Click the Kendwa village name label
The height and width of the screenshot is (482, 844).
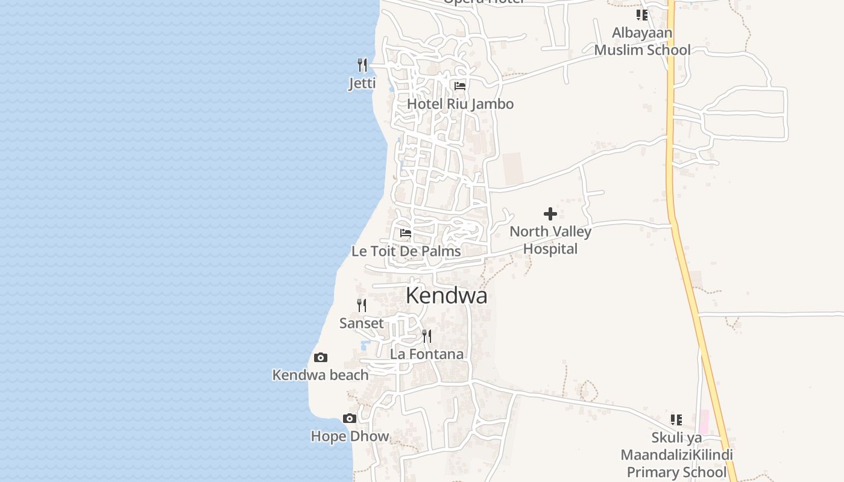(x=446, y=296)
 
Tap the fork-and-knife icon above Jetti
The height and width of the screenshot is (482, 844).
(x=362, y=64)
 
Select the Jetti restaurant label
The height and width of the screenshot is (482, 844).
(x=362, y=83)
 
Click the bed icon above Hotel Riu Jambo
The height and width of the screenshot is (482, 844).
(x=460, y=86)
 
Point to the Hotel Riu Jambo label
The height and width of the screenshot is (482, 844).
(x=460, y=104)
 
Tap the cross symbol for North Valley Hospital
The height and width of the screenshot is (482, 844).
(x=550, y=214)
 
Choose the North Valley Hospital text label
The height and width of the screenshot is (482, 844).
(x=550, y=240)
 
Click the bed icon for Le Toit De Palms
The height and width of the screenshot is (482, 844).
(x=406, y=233)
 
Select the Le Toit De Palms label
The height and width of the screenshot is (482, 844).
(x=406, y=251)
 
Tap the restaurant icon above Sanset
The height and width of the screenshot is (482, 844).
(x=362, y=305)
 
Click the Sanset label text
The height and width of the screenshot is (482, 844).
(x=362, y=324)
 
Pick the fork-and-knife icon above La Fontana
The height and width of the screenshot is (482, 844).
(x=427, y=336)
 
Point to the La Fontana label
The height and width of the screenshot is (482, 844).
(x=427, y=354)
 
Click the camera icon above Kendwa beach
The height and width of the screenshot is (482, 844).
(x=321, y=357)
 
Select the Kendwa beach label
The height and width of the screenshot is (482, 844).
(x=321, y=375)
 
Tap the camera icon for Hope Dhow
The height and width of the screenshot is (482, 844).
(x=350, y=418)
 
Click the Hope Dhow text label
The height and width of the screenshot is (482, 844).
(x=350, y=436)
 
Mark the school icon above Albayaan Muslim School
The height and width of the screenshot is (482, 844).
(x=642, y=14)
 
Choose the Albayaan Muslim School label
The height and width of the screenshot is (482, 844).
(x=642, y=41)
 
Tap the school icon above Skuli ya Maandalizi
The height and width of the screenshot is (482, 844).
(x=676, y=419)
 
